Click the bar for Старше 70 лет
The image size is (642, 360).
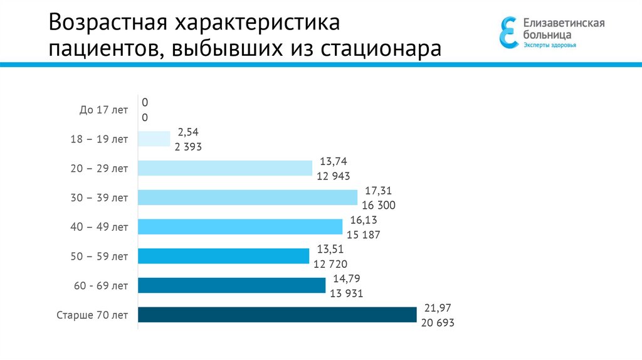click(x=277, y=315)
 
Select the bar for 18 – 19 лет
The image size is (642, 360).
click(x=154, y=139)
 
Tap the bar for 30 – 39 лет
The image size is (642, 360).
click(x=247, y=198)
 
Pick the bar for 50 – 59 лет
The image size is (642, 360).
click(x=223, y=256)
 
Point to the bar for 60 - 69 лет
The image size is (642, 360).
click(x=231, y=285)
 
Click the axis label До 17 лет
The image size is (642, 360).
click(x=103, y=110)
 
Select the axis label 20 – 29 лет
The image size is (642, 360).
click(x=99, y=169)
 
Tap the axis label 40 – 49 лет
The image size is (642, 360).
click(x=99, y=227)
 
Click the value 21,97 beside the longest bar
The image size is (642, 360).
click(x=438, y=308)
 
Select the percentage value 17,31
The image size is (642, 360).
click(x=379, y=191)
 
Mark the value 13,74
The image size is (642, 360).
click(x=334, y=161)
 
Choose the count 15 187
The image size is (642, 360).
click(x=364, y=235)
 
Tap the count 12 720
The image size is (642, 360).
click(x=331, y=264)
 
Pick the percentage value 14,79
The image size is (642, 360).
click(x=347, y=278)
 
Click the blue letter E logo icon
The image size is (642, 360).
click(x=508, y=32)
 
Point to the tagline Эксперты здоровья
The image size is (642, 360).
click(x=550, y=45)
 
